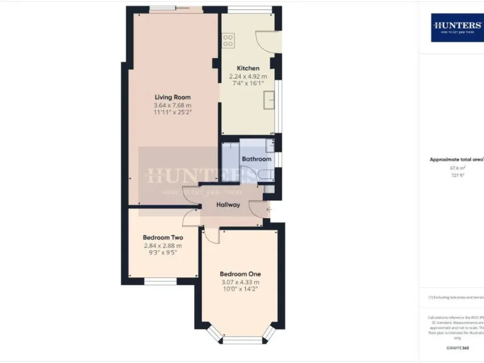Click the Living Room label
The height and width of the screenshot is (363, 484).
173,97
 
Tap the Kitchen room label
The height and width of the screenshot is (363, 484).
248,68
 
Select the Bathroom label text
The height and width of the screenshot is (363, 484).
256,159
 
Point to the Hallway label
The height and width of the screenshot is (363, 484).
228,204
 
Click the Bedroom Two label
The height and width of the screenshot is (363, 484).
163,238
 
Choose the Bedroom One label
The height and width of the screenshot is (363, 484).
240,274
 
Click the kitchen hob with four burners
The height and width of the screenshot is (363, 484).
228,40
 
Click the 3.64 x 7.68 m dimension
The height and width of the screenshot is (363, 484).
173,105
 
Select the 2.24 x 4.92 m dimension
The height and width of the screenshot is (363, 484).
248,76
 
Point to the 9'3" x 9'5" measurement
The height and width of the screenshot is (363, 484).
163,253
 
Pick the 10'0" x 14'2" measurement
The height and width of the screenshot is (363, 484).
240,289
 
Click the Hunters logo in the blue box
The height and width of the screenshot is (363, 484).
457,26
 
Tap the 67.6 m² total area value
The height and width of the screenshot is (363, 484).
457,168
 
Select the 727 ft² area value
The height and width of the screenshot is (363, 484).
457,176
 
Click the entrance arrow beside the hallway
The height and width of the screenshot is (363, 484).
268,209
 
